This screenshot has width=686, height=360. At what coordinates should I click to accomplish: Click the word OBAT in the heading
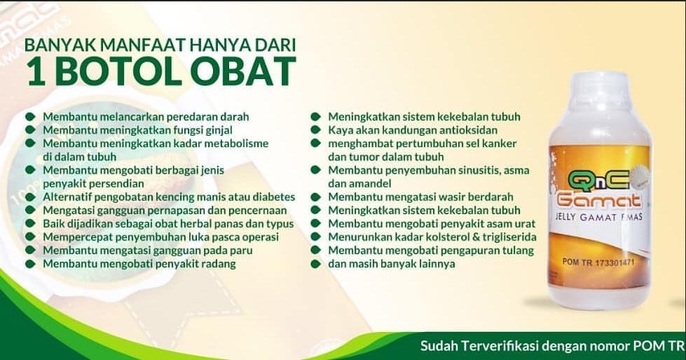click(x=243, y=71)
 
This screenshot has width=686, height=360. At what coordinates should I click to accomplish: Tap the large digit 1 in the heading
click(x=36, y=71)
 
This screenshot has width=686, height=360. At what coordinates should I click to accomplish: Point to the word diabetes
click(x=275, y=198)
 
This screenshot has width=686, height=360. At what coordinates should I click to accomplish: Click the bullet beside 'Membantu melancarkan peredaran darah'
click(x=30, y=117)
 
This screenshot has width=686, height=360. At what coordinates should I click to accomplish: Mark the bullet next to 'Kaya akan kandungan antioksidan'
click(x=316, y=130)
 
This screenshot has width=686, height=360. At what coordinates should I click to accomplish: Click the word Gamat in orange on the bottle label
click(x=598, y=200)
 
